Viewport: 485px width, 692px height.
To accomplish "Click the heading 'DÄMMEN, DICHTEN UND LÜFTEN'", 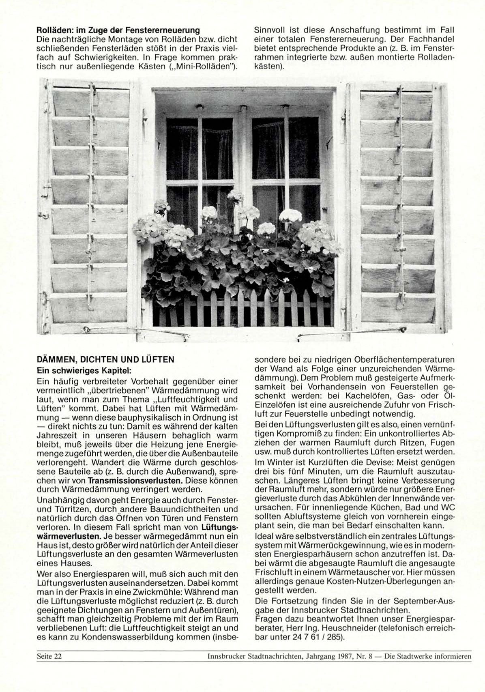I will (105, 359).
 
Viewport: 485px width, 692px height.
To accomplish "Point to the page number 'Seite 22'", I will (49, 656).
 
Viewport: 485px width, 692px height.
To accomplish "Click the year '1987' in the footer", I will (346, 656).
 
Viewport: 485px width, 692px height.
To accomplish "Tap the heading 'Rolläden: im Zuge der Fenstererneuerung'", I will (118, 30).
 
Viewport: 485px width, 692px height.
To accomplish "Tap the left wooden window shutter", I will (89, 207).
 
